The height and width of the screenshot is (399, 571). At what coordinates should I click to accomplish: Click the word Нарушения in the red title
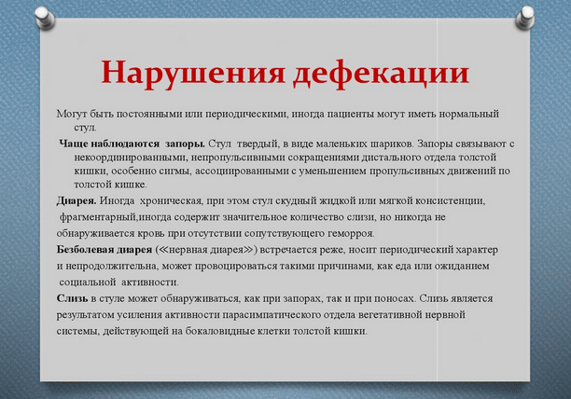coord(192,72)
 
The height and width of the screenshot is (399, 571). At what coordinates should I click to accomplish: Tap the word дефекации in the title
coord(381,73)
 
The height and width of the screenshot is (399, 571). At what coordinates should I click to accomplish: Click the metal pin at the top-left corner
coord(45,18)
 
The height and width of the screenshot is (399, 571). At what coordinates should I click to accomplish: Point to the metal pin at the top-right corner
coord(524,18)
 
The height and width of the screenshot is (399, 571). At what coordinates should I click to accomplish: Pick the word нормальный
coord(469,114)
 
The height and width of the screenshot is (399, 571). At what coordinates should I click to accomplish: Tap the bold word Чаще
coord(73,144)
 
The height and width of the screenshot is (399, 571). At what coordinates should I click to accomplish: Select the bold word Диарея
coord(77,200)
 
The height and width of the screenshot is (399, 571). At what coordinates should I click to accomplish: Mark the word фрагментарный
coord(98,217)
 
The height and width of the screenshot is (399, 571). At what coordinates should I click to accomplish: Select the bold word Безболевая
coord(85,250)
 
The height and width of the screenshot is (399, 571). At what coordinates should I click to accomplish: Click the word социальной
coord(88,282)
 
